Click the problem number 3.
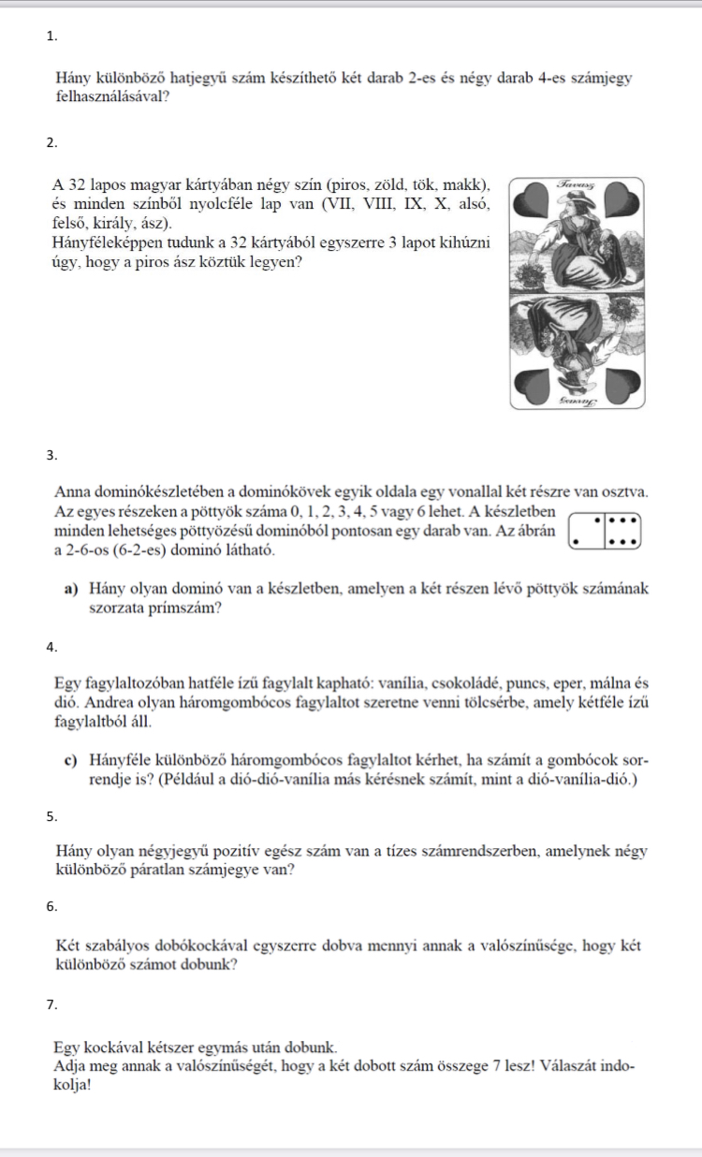point(51,456)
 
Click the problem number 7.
point(51,1004)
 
